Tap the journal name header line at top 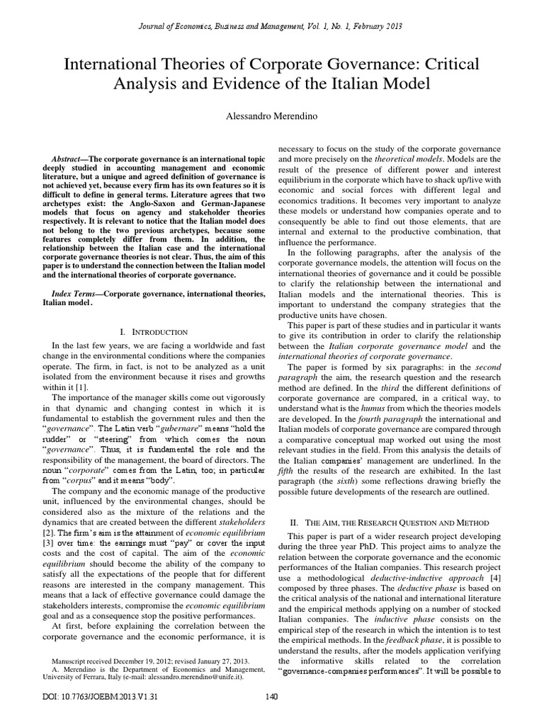tap(271, 26)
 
